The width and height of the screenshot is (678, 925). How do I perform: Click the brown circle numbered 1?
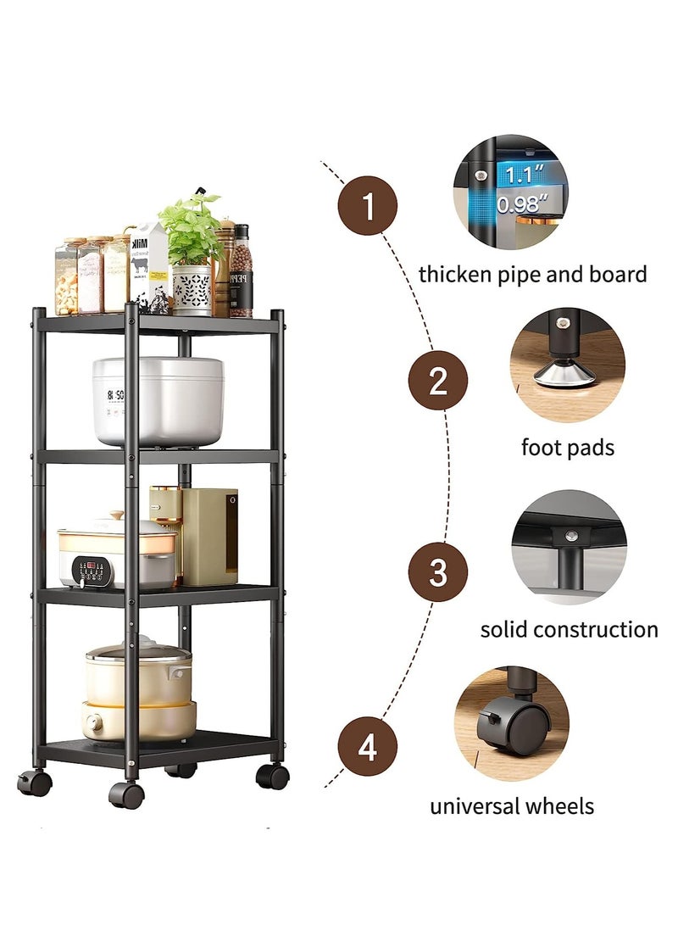(x=368, y=205)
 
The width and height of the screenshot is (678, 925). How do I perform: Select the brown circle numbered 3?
(x=437, y=572)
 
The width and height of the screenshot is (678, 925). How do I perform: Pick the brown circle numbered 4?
(x=367, y=748)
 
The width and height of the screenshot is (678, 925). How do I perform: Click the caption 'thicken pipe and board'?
(x=532, y=274)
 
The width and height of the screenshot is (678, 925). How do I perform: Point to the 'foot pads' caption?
(x=567, y=447)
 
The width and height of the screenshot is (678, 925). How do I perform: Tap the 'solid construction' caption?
(x=569, y=629)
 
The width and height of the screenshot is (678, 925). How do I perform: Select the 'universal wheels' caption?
(x=511, y=805)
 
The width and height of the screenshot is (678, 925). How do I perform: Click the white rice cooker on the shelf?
(x=158, y=400)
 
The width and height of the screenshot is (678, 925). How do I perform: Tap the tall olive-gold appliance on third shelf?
(x=209, y=536)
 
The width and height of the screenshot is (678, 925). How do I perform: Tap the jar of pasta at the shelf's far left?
(x=66, y=276)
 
